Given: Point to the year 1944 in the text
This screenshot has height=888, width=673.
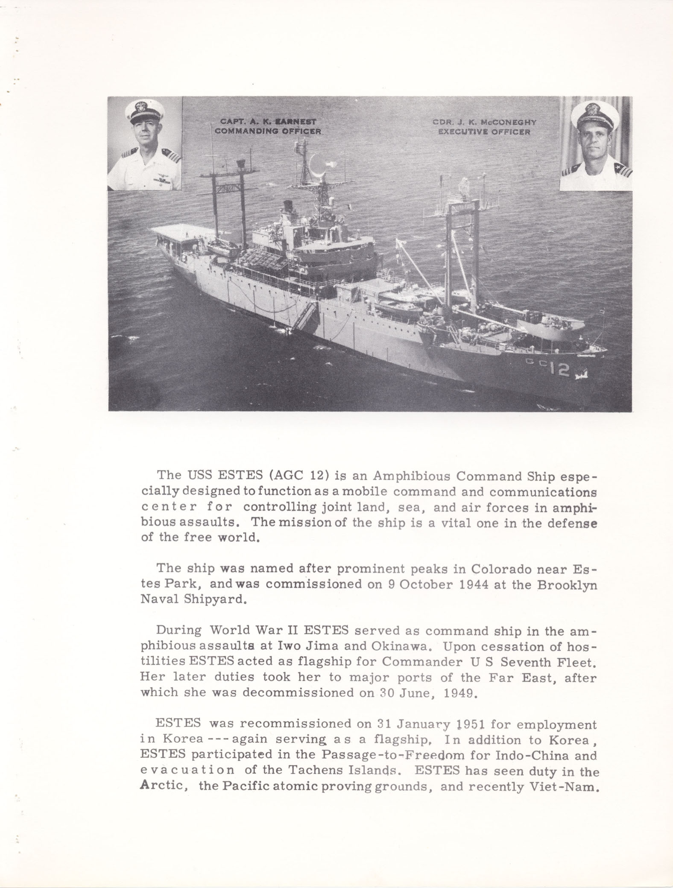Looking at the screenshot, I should (474, 584).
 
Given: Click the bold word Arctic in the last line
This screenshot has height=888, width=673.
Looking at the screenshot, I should (161, 786).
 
